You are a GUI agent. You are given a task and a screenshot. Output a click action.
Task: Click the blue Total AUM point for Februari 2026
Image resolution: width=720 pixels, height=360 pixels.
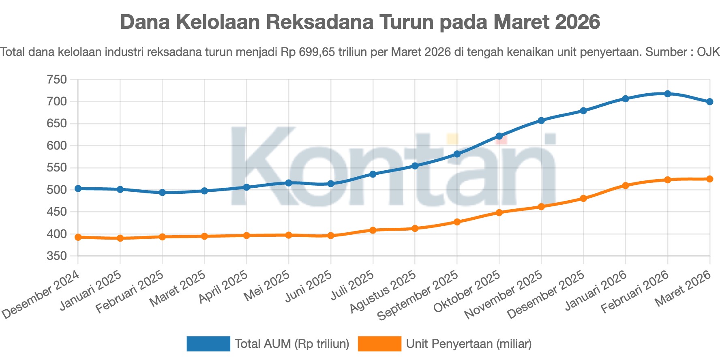(x=668, y=94)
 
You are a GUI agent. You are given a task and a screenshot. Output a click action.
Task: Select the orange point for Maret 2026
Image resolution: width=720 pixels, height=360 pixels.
(x=710, y=179)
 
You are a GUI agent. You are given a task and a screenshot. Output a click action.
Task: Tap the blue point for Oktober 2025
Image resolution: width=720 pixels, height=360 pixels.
(x=499, y=136)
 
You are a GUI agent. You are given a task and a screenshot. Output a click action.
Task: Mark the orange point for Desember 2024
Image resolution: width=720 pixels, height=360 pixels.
(x=78, y=237)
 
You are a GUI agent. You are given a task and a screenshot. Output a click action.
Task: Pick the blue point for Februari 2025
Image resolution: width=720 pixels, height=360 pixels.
(x=162, y=193)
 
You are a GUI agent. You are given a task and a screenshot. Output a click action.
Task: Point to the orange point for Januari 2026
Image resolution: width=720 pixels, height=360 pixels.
(x=626, y=185)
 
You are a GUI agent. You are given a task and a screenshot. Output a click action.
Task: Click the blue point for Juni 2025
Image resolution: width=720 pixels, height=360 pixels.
(x=331, y=184)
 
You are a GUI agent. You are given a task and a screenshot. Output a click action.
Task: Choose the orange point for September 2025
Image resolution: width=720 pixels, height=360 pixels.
(x=457, y=222)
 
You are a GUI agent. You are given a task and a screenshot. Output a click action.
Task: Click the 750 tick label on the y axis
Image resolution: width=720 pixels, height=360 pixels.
(x=57, y=79)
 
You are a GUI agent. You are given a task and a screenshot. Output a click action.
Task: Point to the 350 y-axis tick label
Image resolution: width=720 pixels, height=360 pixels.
(x=57, y=256)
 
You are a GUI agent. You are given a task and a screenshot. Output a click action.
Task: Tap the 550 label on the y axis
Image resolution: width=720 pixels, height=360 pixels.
(x=57, y=168)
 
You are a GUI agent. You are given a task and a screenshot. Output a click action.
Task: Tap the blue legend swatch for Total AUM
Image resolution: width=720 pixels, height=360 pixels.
(x=208, y=343)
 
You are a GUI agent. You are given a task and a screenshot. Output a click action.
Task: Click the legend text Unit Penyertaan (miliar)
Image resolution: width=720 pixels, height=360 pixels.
(x=469, y=344)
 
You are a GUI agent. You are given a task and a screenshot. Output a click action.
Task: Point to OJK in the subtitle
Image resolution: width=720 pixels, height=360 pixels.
(x=708, y=52)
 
